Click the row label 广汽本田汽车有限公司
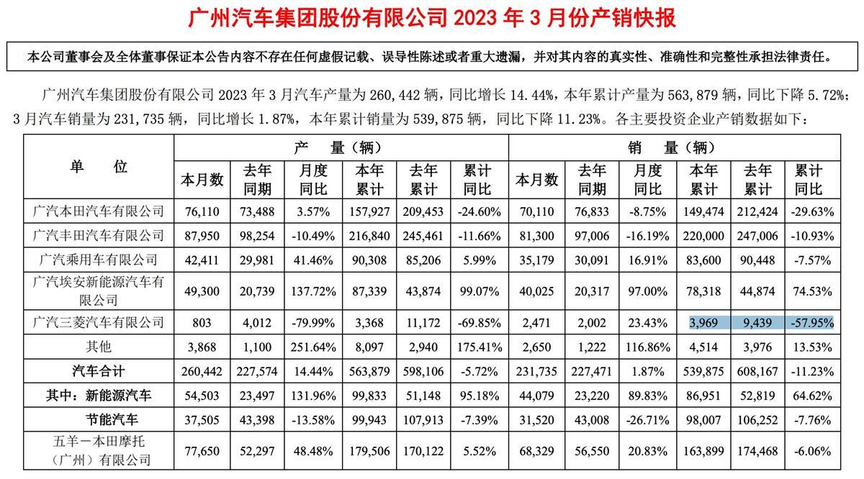click(x=99, y=211)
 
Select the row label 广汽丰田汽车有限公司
click(x=99, y=235)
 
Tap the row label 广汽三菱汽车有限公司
click(x=99, y=323)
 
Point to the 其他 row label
click(x=99, y=347)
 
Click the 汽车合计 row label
click(x=99, y=371)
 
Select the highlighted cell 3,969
click(x=703, y=323)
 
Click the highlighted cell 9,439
click(x=756, y=323)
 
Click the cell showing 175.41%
click(x=479, y=347)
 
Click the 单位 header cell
click(x=99, y=168)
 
